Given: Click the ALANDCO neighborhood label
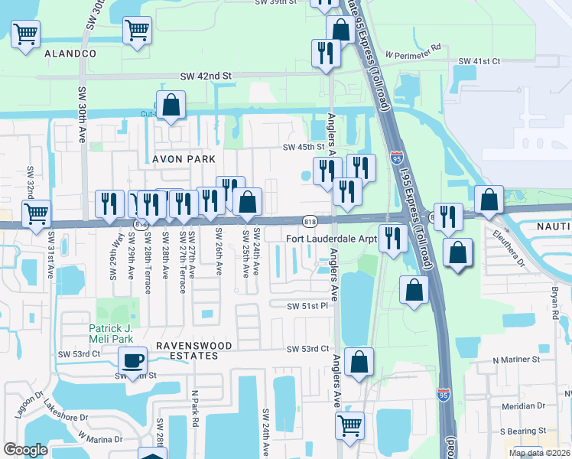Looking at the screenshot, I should click(x=70, y=54).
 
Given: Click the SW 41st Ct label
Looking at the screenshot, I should click(x=479, y=61).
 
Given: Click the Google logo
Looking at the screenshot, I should click(x=25, y=449).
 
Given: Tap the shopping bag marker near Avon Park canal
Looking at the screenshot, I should click(x=172, y=106).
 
